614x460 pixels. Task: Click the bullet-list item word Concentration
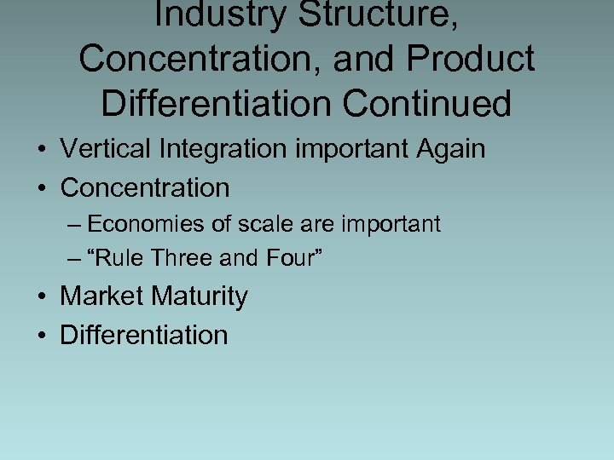click(145, 187)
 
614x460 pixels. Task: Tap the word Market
click(101, 296)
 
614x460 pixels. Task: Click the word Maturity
click(199, 297)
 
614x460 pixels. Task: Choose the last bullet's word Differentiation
click(144, 335)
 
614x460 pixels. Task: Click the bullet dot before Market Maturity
click(42, 297)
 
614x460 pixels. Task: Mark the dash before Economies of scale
click(74, 225)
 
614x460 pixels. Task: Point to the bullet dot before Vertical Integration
click(42, 150)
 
